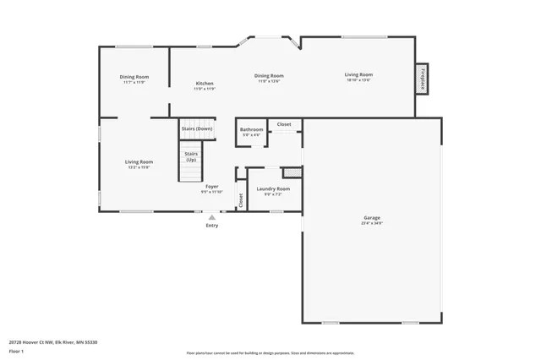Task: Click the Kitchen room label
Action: point(205,84)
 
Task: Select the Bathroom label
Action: point(252,130)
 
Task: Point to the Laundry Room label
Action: point(273,188)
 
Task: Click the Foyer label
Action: point(212,186)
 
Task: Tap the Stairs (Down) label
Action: point(197,128)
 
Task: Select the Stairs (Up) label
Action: point(191,156)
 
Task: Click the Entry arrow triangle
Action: point(211,216)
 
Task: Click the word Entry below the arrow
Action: point(211,226)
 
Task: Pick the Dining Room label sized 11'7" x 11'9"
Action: point(134,78)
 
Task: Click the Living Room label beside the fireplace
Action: point(358,74)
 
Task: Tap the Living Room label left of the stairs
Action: point(139,162)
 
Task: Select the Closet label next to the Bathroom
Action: point(284,124)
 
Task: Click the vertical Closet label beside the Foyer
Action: point(240,200)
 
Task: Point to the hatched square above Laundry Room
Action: point(297,172)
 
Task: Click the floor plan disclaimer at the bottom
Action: point(270,353)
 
